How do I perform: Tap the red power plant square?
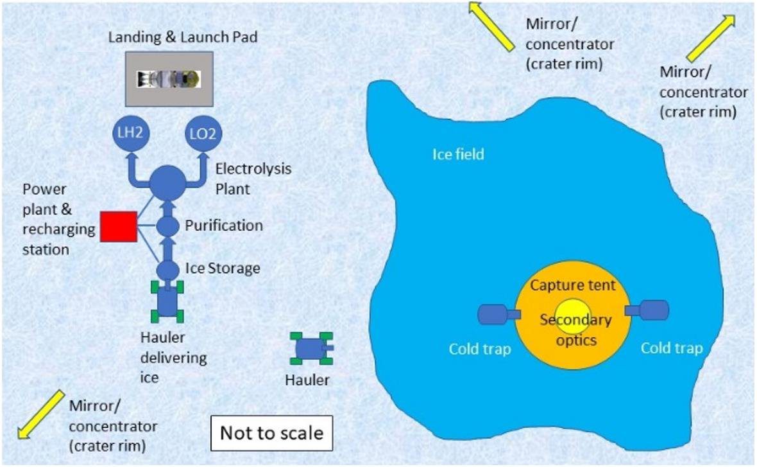tap(118, 226)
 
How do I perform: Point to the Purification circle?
tap(168, 226)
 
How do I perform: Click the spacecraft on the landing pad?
tap(169, 79)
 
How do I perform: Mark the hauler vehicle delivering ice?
tap(167, 301)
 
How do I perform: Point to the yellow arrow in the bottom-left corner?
tap(41, 414)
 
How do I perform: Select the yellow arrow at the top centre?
tap(491, 26)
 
